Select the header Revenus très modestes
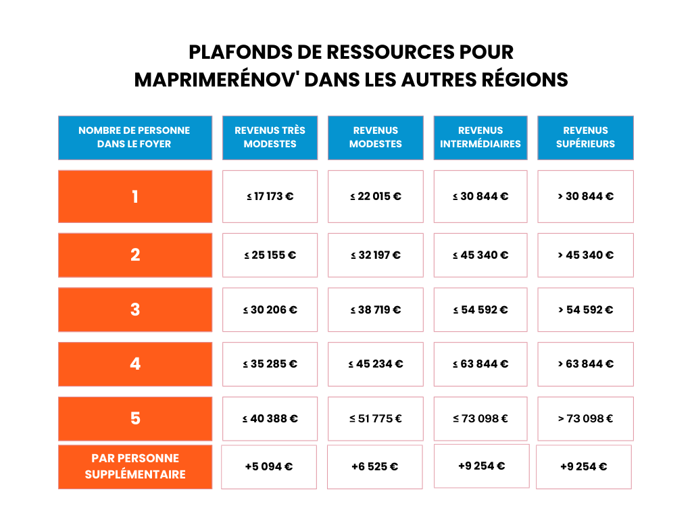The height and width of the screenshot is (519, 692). [x=270, y=138]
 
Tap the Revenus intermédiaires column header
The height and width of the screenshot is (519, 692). [x=480, y=138]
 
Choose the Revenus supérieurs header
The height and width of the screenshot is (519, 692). [x=586, y=138]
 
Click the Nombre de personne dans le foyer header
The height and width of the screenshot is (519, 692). [x=135, y=138]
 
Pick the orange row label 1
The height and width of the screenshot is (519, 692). [x=135, y=197]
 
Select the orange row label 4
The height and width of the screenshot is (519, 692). [x=135, y=364]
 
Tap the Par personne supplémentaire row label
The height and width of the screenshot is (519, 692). [x=135, y=467]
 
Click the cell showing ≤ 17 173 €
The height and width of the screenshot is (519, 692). [x=270, y=197]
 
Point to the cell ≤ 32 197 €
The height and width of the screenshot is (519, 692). [x=376, y=255]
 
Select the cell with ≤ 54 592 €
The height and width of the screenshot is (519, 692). [x=480, y=310]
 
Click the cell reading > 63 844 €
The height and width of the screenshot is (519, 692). [x=586, y=364]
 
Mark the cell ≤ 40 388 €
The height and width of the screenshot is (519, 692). [x=270, y=419]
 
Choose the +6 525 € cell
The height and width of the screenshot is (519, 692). [x=374, y=467]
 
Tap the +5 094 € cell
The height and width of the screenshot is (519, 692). [x=269, y=467]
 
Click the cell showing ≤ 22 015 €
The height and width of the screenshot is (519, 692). [x=376, y=197]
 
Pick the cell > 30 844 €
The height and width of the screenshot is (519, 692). [x=586, y=197]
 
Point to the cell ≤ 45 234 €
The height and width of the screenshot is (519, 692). [x=376, y=364]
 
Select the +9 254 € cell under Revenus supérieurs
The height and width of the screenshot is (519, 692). [x=584, y=467]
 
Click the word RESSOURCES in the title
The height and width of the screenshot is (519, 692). [x=390, y=52]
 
